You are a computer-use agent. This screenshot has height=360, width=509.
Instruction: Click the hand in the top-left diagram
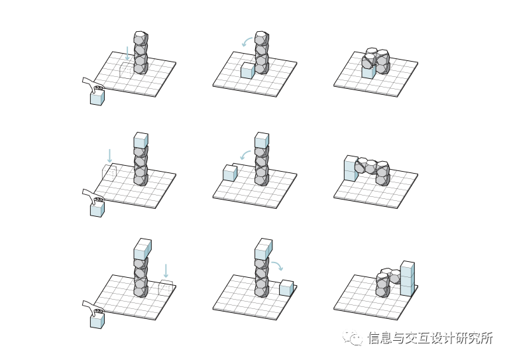click(x=92, y=84)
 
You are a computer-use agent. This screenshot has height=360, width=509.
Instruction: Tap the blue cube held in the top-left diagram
click(x=97, y=98)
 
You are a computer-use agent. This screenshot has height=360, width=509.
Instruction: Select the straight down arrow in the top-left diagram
click(x=128, y=53)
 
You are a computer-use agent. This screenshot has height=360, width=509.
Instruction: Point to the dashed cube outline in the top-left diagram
click(x=126, y=68)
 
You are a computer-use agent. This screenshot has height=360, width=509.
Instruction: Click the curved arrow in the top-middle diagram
click(x=247, y=42)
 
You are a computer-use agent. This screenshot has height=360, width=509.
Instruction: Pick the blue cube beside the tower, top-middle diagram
click(x=247, y=71)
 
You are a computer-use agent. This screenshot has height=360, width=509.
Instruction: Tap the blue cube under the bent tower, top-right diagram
click(x=368, y=71)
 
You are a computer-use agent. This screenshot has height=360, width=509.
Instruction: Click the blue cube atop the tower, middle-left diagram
click(x=141, y=141)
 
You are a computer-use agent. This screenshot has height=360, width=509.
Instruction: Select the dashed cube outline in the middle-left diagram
click(x=109, y=173)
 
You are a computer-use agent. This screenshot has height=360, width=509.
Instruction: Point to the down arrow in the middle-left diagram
click(x=109, y=156)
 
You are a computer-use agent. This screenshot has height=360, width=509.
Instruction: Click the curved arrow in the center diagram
click(x=245, y=155)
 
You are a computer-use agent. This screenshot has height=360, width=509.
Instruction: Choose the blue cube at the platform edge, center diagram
click(x=230, y=174)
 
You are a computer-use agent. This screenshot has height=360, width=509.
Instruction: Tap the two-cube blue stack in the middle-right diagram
click(x=351, y=169)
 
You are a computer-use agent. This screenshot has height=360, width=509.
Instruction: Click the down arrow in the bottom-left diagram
click(x=166, y=270)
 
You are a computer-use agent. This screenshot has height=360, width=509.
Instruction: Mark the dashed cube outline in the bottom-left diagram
click(x=166, y=288)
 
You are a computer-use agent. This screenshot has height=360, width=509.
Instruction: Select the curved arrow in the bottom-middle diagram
click(x=277, y=265)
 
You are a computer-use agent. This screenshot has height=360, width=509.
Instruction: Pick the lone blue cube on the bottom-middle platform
click(x=286, y=288)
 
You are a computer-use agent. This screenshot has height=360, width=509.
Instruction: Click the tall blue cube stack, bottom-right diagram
click(x=407, y=279)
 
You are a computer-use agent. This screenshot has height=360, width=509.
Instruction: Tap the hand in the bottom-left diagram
click(x=92, y=307)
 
